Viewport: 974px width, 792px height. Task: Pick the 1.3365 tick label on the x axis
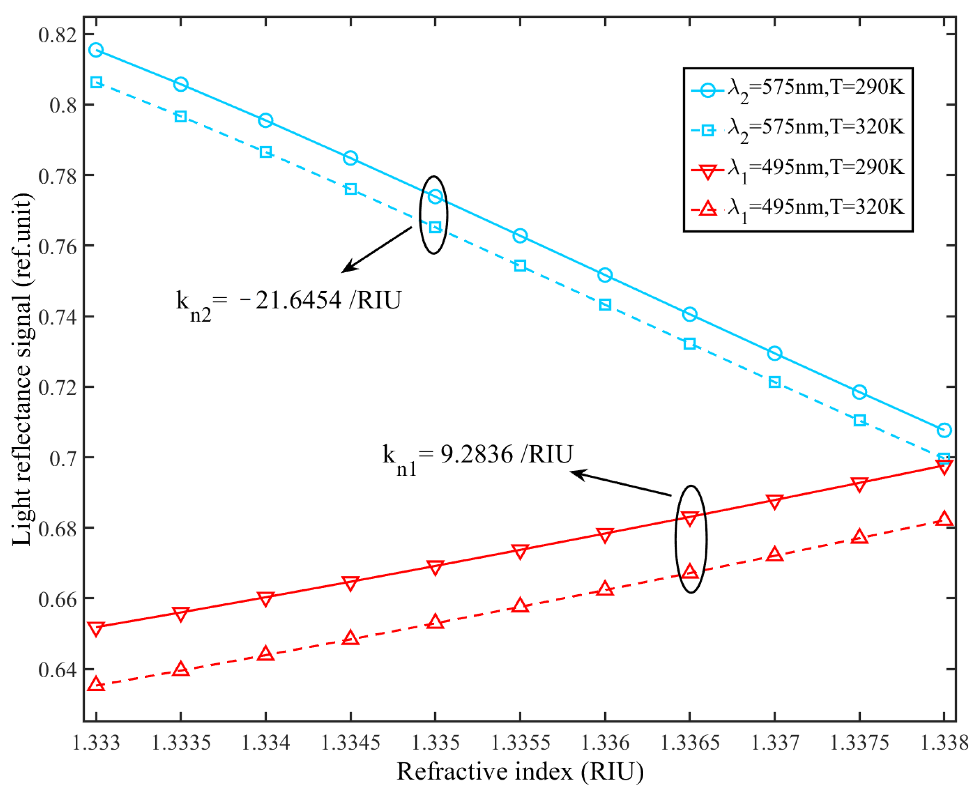click(x=689, y=743)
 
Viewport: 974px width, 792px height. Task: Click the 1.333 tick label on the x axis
click(x=96, y=743)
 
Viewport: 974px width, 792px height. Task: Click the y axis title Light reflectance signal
click(x=22, y=370)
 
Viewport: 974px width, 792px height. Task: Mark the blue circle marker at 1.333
click(x=96, y=50)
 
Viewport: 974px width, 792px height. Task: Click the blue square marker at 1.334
click(x=266, y=152)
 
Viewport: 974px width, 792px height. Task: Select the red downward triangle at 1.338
click(x=944, y=466)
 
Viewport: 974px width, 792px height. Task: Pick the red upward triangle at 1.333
click(x=96, y=684)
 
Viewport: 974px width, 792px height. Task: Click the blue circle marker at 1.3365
click(x=689, y=314)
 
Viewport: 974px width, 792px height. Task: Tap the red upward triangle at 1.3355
click(x=520, y=605)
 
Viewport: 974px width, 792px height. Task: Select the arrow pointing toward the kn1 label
click(x=621, y=484)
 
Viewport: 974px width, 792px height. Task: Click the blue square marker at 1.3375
click(x=859, y=420)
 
